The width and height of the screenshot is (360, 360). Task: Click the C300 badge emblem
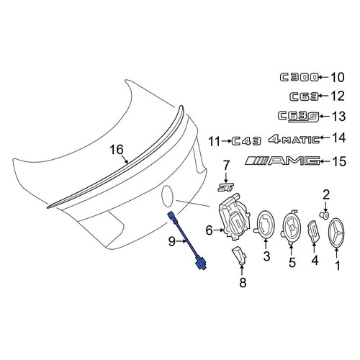(300, 78)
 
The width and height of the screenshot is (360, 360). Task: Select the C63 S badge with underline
(298, 117)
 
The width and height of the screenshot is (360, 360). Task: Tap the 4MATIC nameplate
(294, 139)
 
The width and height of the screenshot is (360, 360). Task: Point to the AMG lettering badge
(282, 161)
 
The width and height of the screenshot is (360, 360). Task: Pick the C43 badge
(246, 141)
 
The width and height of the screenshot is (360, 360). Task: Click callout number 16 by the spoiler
(117, 150)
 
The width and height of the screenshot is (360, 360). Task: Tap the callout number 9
(171, 241)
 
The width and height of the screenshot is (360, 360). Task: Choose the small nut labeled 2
(325, 215)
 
